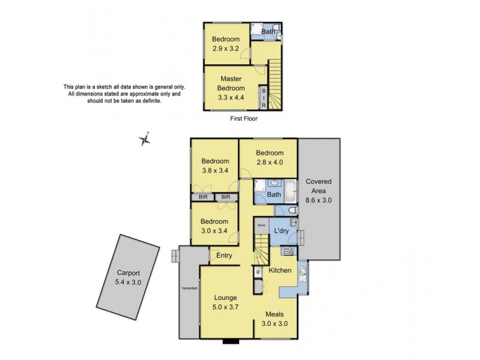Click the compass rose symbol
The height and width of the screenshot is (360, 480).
(x=145, y=140)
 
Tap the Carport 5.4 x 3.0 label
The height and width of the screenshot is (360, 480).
(x=127, y=277)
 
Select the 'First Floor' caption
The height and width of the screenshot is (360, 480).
(x=244, y=119)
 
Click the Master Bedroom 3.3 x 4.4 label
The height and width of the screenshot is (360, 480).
(x=230, y=88)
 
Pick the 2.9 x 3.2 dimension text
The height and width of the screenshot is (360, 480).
(x=226, y=49)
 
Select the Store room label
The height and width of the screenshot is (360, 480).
(x=261, y=226)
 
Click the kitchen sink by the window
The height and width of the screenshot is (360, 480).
(x=303, y=274)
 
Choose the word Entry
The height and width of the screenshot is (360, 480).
(x=224, y=256)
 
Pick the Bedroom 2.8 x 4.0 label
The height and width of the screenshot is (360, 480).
(x=268, y=157)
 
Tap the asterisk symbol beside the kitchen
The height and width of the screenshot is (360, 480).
(x=258, y=272)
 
